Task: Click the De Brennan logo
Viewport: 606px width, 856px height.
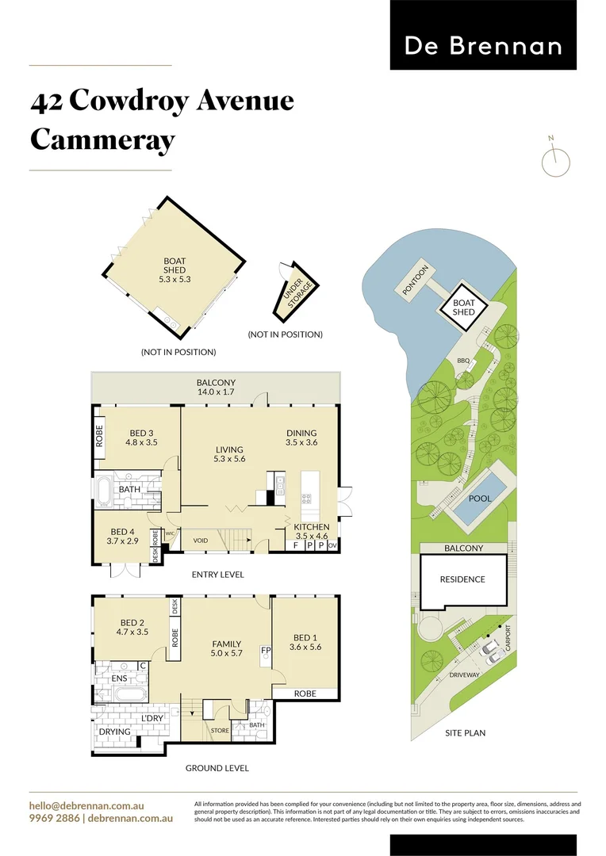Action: (x=483, y=45)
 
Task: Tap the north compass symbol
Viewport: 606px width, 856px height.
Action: (x=555, y=161)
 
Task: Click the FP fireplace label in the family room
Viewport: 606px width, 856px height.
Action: (x=267, y=652)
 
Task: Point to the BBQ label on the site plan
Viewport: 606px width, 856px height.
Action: (x=463, y=361)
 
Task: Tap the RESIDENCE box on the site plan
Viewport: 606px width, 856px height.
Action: (x=462, y=579)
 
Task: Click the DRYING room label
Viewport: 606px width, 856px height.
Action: (x=114, y=732)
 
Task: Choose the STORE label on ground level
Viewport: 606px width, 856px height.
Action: (x=220, y=731)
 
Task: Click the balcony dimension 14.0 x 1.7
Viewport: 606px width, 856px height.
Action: (x=216, y=392)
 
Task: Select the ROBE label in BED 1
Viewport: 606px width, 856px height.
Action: (x=305, y=694)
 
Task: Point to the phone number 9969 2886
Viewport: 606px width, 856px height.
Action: (x=54, y=817)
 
